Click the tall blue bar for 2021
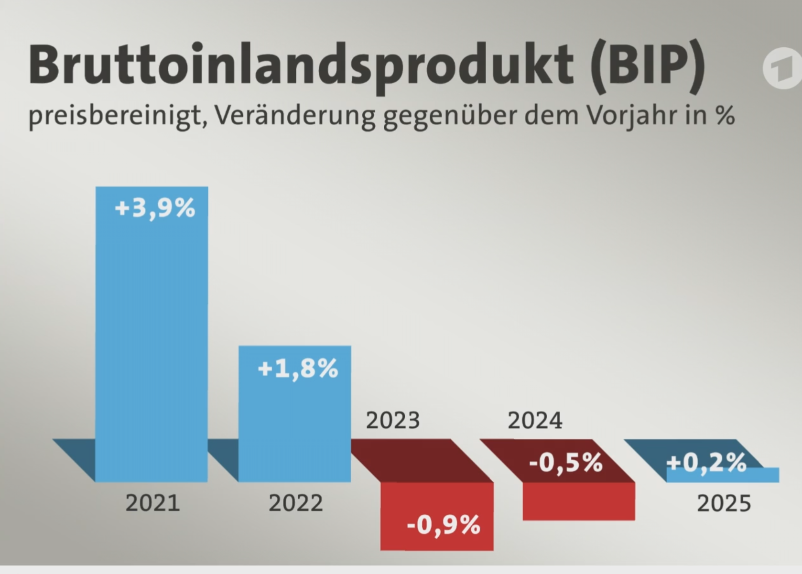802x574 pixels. point(152,335)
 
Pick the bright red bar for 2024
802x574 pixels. point(579,502)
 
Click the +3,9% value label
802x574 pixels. point(155,208)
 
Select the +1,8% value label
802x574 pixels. point(298,368)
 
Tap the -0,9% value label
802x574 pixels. point(444,525)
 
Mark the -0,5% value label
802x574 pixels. point(566,462)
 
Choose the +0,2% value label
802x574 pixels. point(706,462)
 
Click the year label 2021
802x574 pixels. point(152,503)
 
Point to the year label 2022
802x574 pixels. point(295,503)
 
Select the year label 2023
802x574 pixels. point(393,421)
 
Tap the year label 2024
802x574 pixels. point(535,421)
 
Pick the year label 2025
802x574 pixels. point(724,503)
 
